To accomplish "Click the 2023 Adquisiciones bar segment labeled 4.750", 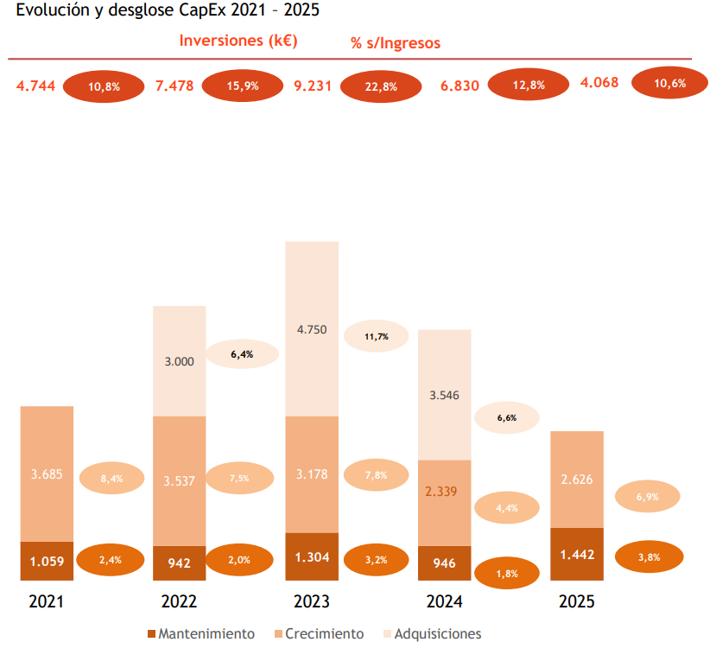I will click(312, 329).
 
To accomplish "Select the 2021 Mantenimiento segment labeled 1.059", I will click(47, 562).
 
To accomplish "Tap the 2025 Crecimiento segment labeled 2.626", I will click(577, 480).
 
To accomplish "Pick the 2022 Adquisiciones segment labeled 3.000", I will click(180, 361).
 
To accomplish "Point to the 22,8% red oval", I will click(381, 86).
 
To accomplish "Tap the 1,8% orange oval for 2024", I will click(507, 573).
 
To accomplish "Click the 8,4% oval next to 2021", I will click(111, 478).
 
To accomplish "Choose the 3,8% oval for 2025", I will click(649, 557).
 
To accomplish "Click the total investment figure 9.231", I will click(313, 86).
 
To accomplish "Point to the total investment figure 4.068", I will click(599, 83).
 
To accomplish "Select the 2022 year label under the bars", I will click(179, 602).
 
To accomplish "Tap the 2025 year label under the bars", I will click(576, 602).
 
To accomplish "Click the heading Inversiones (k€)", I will click(239, 41).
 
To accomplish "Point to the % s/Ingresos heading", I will click(396, 43).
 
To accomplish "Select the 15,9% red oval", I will click(243, 86).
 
